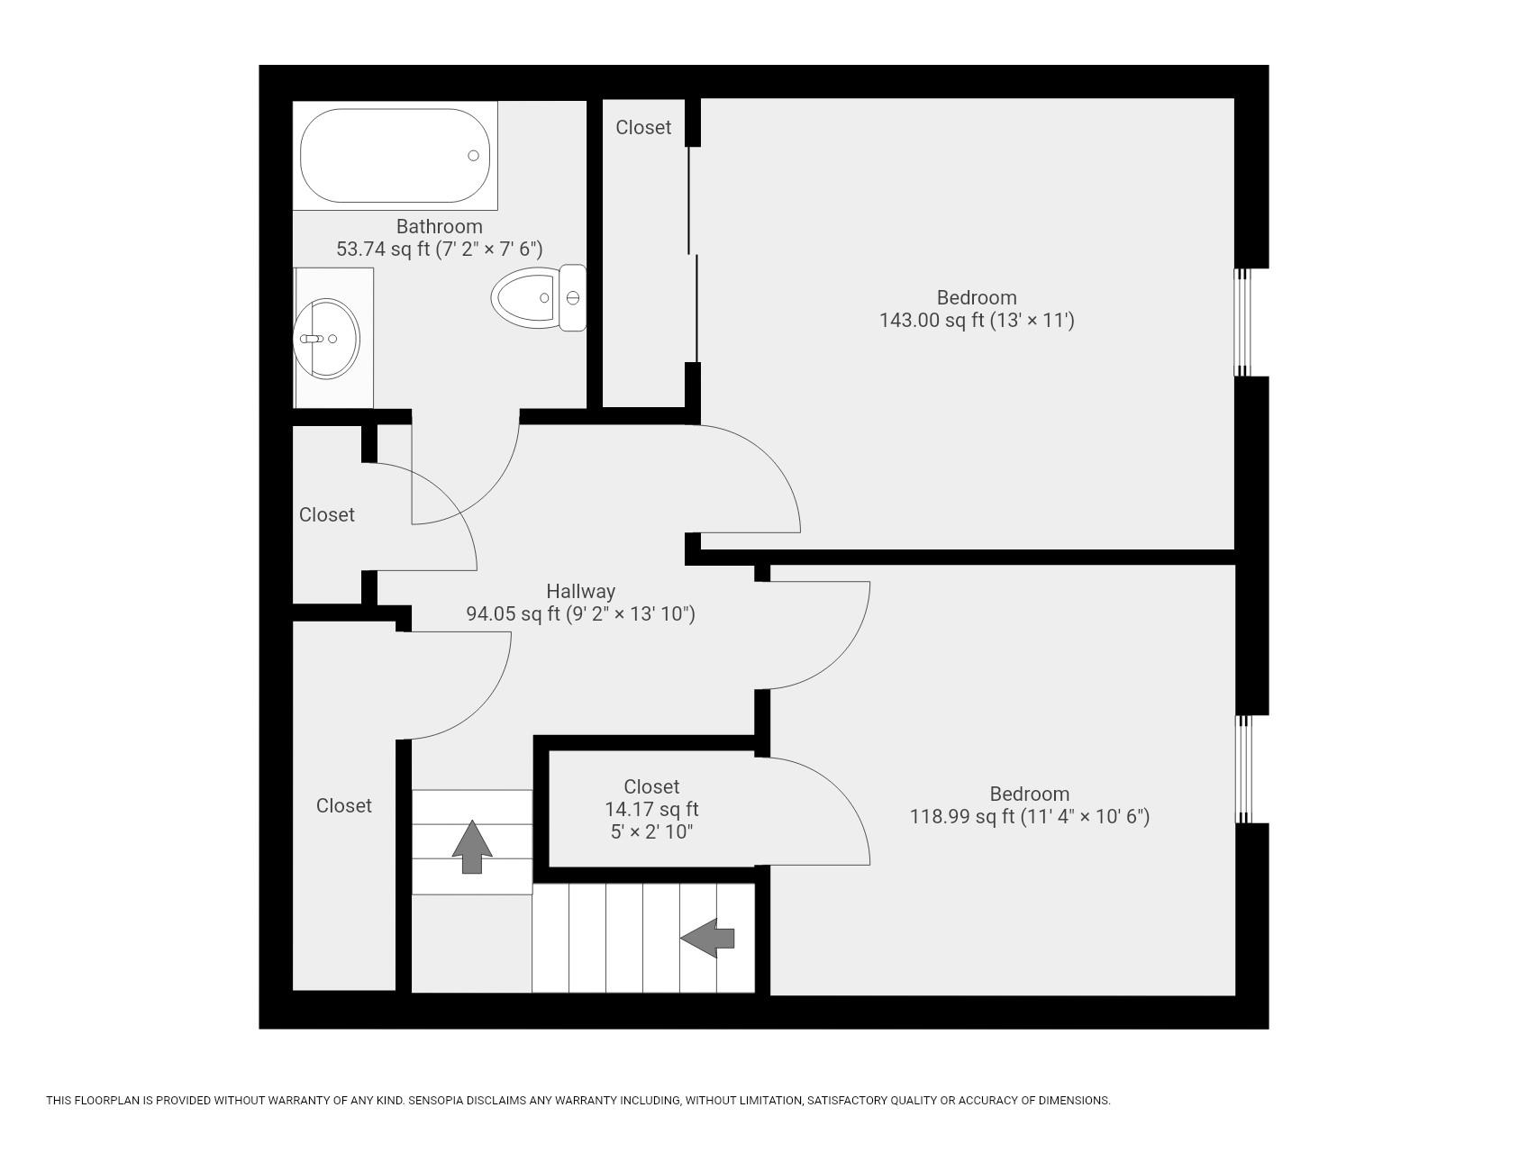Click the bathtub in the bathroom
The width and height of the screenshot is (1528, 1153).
click(395, 156)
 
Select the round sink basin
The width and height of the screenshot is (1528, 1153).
click(326, 339)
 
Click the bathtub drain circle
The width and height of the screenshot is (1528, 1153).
click(473, 156)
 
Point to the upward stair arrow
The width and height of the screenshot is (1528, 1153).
click(471, 846)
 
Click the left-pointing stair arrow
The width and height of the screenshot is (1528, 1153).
click(708, 938)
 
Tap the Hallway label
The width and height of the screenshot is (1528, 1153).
click(580, 592)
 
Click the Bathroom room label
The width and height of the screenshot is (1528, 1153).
click(439, 226)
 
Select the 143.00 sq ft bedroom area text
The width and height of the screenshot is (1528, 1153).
click(977, 321)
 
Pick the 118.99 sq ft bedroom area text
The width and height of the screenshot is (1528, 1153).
click(1029, 817)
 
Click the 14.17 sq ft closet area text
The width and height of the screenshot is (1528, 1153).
click(651, 809)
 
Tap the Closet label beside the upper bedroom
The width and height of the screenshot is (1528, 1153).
click(643, 128)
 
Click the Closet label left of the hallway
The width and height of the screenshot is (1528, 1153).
click(326, 514)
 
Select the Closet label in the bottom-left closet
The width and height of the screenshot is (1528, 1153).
click(343, 805)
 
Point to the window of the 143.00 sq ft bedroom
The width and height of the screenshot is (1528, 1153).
click(1242, 322)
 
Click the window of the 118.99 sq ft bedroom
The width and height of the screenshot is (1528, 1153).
click(1243, 769)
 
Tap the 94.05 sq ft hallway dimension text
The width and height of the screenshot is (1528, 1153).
click(580, 614)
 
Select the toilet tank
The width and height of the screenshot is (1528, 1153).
click(572, 297)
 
